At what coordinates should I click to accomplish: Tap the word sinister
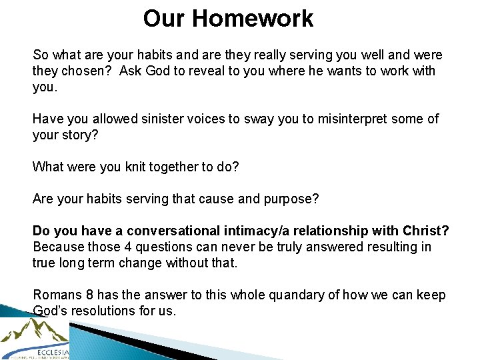163,119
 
